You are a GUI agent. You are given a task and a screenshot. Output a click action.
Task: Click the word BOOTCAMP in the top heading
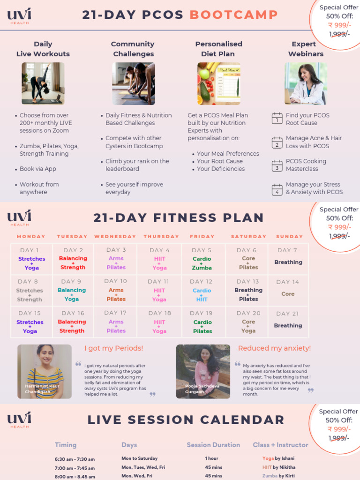233,15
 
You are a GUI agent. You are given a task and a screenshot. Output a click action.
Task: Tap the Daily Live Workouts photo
43,83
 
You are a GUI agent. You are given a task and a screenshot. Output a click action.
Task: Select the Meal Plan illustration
219,83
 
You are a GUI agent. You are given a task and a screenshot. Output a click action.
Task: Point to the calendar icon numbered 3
277,165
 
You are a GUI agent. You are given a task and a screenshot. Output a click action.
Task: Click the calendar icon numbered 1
277,119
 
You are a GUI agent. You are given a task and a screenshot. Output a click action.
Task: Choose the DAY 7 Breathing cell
288,258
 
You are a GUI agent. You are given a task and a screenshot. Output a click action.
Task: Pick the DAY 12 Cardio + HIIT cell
202,290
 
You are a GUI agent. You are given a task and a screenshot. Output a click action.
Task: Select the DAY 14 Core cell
288,290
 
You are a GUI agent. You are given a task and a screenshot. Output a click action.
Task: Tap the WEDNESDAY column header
115,237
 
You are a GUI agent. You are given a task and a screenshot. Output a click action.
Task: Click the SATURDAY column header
248,237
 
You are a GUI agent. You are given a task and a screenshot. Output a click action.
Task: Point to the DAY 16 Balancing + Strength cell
73,322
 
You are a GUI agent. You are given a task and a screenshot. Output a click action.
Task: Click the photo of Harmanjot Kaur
45,372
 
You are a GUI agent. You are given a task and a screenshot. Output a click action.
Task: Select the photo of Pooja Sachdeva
203,372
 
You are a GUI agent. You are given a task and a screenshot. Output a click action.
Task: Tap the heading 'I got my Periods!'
114,348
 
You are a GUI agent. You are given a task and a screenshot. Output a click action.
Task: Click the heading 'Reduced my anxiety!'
274,348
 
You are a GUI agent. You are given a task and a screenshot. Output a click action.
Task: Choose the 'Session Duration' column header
213,445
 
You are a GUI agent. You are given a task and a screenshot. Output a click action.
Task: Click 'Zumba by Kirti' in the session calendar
278,476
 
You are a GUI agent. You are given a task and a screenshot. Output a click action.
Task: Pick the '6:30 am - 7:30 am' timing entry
75,459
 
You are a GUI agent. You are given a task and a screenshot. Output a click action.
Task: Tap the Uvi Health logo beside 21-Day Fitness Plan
19,218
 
